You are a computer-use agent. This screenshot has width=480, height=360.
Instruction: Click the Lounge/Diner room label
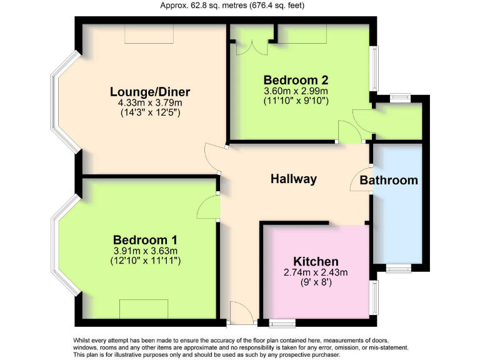click(x=150, y=92)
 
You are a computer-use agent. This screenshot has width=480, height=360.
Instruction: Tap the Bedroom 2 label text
click(x=296, y=80)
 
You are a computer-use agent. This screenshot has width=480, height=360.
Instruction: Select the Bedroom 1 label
click(x=145, y=240)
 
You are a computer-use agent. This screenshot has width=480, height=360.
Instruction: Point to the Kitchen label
click(x=316, y=261)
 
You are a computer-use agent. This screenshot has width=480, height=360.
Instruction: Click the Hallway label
click(x=293, y=179)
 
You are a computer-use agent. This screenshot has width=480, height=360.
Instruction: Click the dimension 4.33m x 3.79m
click(x=150, y=103)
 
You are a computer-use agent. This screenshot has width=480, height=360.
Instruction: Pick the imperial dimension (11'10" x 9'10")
click(x=296, y=101)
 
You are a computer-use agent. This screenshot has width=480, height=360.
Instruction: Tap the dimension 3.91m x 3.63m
click(x=145, y=251)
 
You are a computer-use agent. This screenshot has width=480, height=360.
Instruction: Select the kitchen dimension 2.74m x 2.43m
click(x=316, y=272)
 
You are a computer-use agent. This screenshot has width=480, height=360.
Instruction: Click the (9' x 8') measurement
click(x=316, y=282)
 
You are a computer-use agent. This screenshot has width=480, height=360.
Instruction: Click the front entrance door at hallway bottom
click(x=241, y=313)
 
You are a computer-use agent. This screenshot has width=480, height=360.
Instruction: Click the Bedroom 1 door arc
click(x=208, y=204)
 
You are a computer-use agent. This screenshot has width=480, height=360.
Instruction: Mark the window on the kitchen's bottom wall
click(x=282, y=323)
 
